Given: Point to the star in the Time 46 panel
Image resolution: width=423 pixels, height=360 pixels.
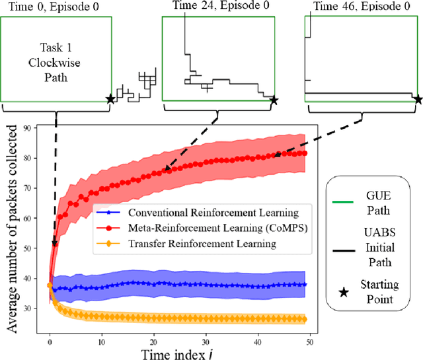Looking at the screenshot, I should (418, 100).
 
